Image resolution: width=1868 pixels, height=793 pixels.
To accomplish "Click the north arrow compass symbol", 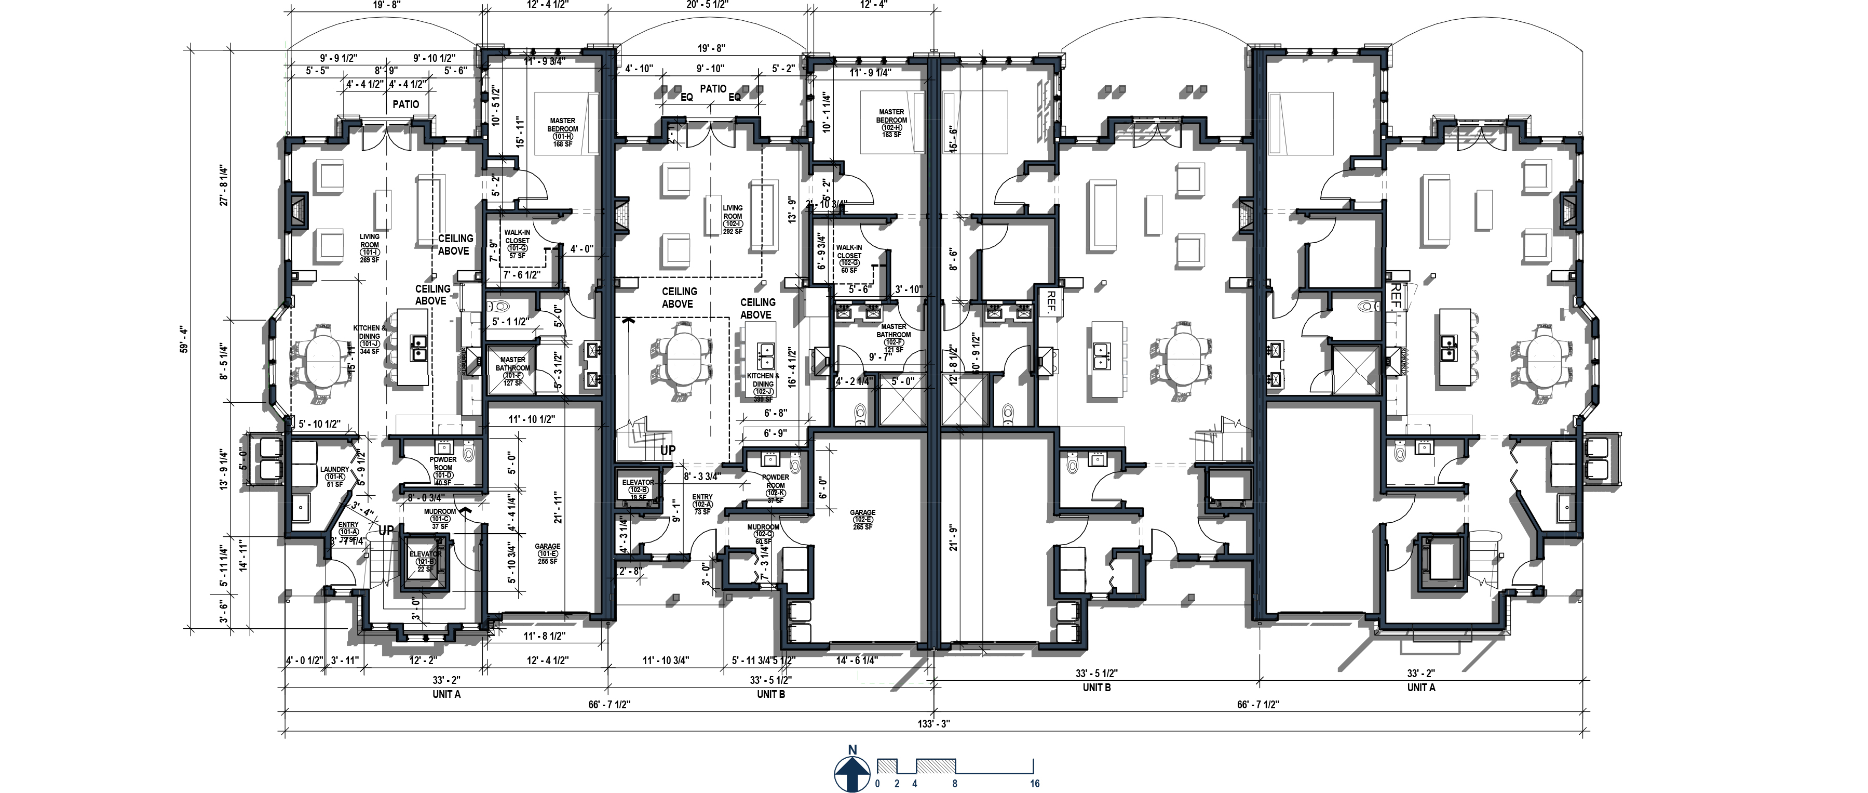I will point(852,773).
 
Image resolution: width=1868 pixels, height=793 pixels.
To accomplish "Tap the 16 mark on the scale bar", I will point(1035,784).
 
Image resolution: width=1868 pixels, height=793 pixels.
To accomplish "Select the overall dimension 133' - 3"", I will point(933,723).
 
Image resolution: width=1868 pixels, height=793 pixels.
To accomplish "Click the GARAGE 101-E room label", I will point(548,553).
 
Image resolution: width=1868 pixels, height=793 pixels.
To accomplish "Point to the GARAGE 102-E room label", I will point(862,519).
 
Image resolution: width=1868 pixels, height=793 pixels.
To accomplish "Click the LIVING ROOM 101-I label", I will point(369,247).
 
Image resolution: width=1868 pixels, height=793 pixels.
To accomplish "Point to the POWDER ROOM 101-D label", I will point(442,470).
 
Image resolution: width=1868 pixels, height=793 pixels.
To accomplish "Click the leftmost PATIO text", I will point(405,104).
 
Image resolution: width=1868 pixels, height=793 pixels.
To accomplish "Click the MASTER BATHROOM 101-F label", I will point(512,370).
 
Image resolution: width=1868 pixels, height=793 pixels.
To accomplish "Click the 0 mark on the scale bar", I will point(877,784).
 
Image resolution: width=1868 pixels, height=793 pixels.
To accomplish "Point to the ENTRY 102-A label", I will point(702,504).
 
